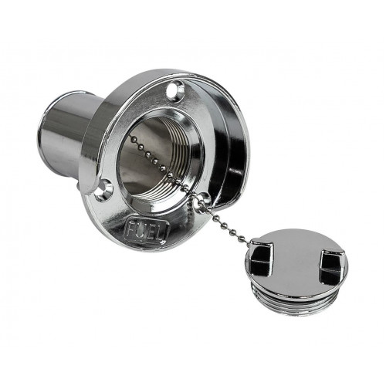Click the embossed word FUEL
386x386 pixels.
point(147,231)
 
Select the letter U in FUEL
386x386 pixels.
point(141,229)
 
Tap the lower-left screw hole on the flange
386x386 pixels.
point(103,191)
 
